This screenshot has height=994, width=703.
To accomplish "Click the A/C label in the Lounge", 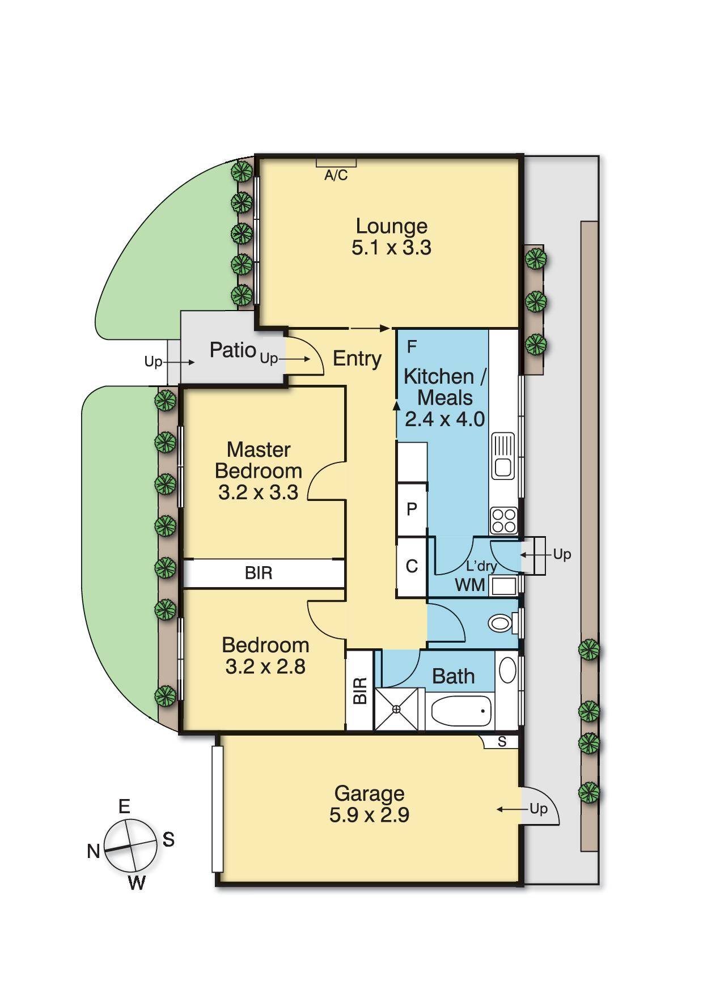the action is point(336,176).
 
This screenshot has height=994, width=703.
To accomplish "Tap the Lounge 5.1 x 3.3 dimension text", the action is point(391,248).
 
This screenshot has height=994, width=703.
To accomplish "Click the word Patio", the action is point(232,350).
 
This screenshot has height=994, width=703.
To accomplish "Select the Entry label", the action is point(357,358).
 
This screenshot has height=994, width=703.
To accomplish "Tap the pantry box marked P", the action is point(412,509).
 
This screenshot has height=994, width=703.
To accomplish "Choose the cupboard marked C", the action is point(412,566).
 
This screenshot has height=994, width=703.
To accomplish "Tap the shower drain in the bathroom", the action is point(396,709).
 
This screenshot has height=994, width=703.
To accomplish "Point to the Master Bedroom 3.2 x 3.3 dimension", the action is point(258,492).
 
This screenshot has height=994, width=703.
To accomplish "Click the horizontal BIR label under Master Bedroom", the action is point(259,573).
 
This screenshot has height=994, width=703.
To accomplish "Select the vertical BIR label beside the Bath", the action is point(360,691).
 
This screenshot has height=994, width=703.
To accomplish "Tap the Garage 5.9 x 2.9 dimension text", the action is point(369,815).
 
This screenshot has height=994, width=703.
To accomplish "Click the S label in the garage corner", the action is point(502,741).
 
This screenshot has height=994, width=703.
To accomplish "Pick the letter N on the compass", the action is point(94,851).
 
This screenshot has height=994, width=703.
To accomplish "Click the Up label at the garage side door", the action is point(539,809).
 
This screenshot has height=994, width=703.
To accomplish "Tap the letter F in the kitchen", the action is point(412,346).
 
